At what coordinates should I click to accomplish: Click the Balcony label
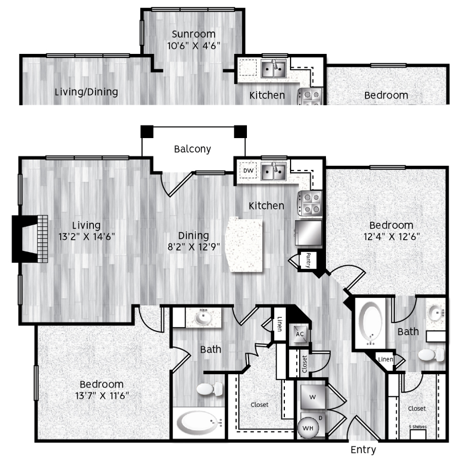(x=192, y=149)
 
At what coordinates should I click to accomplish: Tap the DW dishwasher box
(x=248, y=170)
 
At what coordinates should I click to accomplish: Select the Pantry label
(x=308, y=260)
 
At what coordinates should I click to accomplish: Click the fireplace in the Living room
(x=30, y=239)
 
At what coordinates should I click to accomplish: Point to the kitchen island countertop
(x=244, y=245)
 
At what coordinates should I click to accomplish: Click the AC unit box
(x=299, y=334)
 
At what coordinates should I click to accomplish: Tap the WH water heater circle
(x=308, y=428)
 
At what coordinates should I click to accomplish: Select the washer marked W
(x=313, y=397)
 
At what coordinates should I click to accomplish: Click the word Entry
(x=363, y=450)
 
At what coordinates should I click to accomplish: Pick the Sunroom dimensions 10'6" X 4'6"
(x=194, y=46)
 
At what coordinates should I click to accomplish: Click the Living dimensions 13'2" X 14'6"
(x=87, y=237)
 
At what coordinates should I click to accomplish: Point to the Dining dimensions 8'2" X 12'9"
(x=194, y=246)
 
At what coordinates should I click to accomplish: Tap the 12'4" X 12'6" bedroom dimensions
(x=392, y=237)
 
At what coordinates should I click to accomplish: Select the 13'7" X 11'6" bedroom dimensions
(x=102, y=395)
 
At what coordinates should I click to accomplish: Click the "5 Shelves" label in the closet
(x=417, y=427)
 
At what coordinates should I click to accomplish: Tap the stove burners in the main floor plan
(x=310, y=203)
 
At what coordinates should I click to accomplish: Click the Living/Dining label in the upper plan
(x=86, y=92)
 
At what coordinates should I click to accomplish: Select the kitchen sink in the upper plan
(x=274, y=69)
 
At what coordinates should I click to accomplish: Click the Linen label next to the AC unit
(x=280, y=324)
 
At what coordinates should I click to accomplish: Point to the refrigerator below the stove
(x=309, y=233)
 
